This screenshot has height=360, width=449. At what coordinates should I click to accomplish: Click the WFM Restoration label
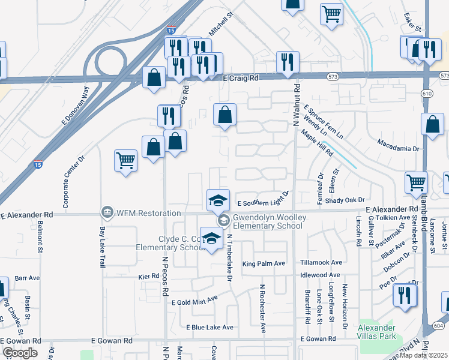(x=148, y=213)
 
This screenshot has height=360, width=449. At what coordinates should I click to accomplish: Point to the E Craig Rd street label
(x=240, y=78)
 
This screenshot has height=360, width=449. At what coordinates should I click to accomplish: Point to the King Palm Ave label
(x=263, y=264)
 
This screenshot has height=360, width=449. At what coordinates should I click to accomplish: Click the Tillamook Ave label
(x=321, y=262)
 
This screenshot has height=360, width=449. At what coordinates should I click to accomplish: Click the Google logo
(x=20, y=353)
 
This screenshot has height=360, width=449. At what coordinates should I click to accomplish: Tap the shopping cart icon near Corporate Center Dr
(x=126, y=160)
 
